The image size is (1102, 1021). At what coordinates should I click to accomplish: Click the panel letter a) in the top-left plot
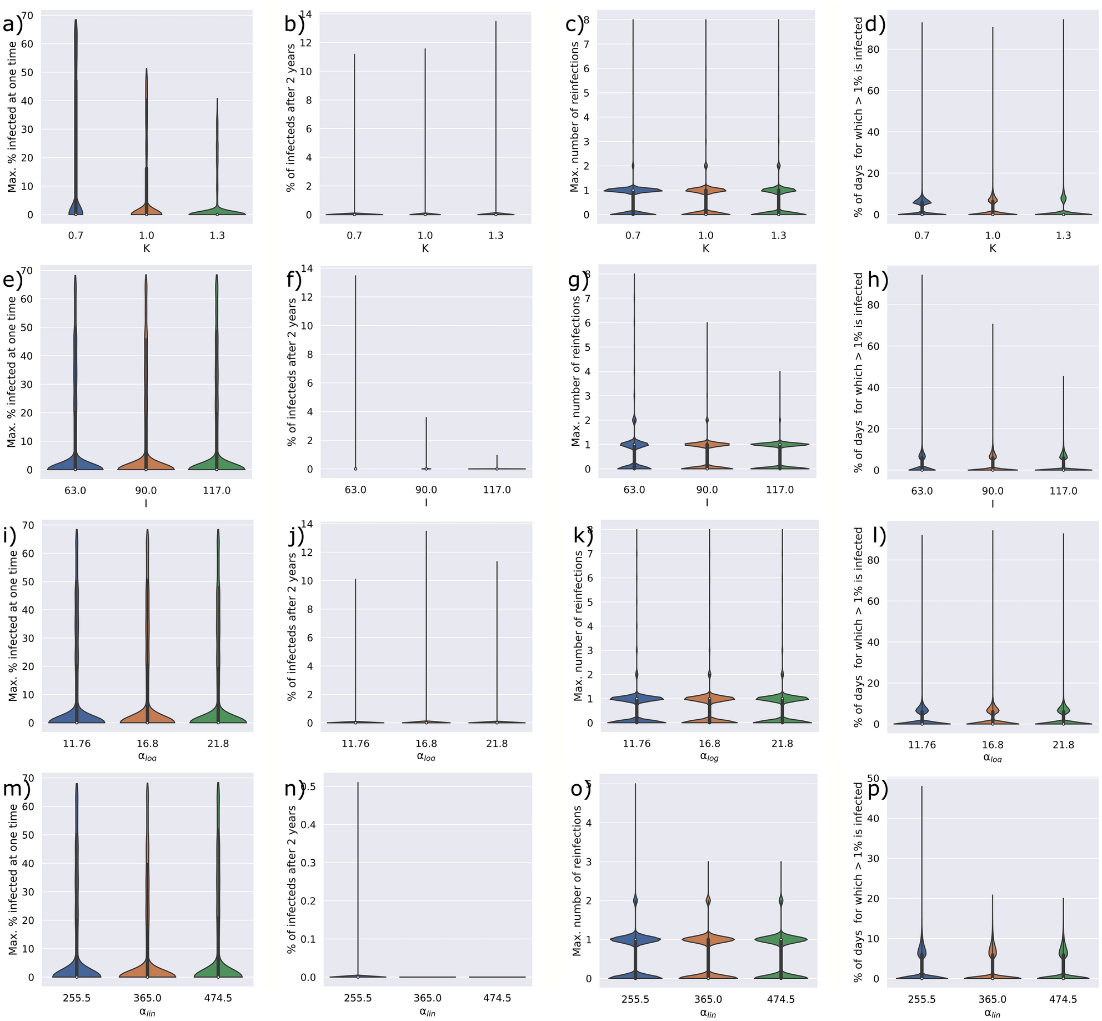(12, 25)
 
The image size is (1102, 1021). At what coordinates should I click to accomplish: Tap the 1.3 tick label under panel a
(217, 236)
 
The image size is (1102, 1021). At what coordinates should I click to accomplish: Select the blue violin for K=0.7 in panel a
(76, 206)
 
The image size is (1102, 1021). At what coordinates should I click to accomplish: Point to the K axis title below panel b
(425, 248)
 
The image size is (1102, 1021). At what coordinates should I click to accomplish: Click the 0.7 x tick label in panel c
(633, 236)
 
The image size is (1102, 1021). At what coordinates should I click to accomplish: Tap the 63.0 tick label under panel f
(355, 490)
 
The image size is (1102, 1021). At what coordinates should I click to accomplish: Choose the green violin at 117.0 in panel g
(780, 444)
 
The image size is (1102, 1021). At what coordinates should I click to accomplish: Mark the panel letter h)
(878, 280)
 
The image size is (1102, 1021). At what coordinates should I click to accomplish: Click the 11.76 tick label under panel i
(77, 744)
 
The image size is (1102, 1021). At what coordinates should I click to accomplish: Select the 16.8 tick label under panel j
(426, 744)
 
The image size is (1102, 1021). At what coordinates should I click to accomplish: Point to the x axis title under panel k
(709, 757)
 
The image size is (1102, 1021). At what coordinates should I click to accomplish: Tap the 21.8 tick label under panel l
(1063, 745)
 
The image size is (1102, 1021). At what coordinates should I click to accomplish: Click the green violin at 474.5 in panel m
(218, 968)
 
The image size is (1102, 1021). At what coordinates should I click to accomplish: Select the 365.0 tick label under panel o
(708, 999)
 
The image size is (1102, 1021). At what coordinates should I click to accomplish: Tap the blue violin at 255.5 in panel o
(635, 939)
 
